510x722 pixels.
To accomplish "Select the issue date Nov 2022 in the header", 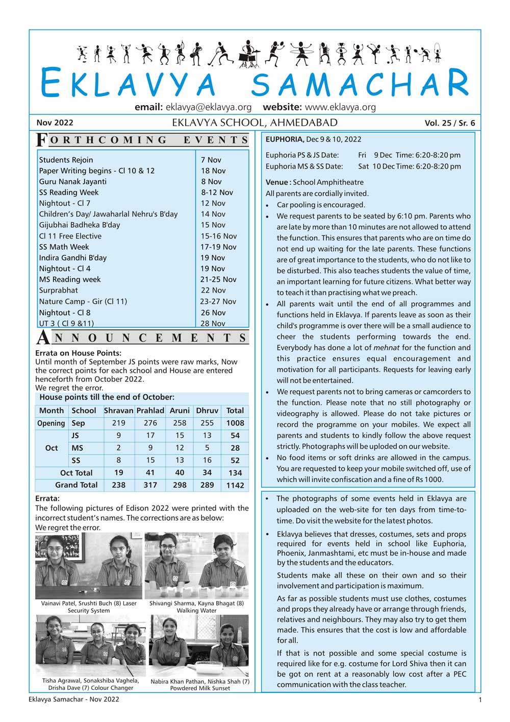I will coord(55,123).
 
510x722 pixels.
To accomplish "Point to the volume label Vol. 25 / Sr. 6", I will coord(449,123).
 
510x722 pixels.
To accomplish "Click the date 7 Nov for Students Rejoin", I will coord(211,160).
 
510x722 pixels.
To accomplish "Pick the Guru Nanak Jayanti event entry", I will coord(73,181).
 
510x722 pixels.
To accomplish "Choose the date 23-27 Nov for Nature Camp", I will coord(218,301).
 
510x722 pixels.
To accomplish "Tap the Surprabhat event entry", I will coord(59,290).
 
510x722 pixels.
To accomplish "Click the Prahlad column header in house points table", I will coord(150,411).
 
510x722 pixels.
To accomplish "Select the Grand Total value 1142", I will coord(235,485).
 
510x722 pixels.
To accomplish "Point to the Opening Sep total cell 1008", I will coord(235,423).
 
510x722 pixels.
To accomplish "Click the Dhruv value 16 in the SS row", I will coord(207,460).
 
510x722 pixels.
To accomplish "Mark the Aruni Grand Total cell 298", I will coord(180,485).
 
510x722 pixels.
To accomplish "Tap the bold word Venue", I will coord(277,182).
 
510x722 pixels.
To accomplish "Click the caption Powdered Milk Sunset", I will coord(200,688).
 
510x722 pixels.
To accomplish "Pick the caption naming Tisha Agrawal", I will coord(90,680).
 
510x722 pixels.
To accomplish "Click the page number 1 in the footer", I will coord(479,700).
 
